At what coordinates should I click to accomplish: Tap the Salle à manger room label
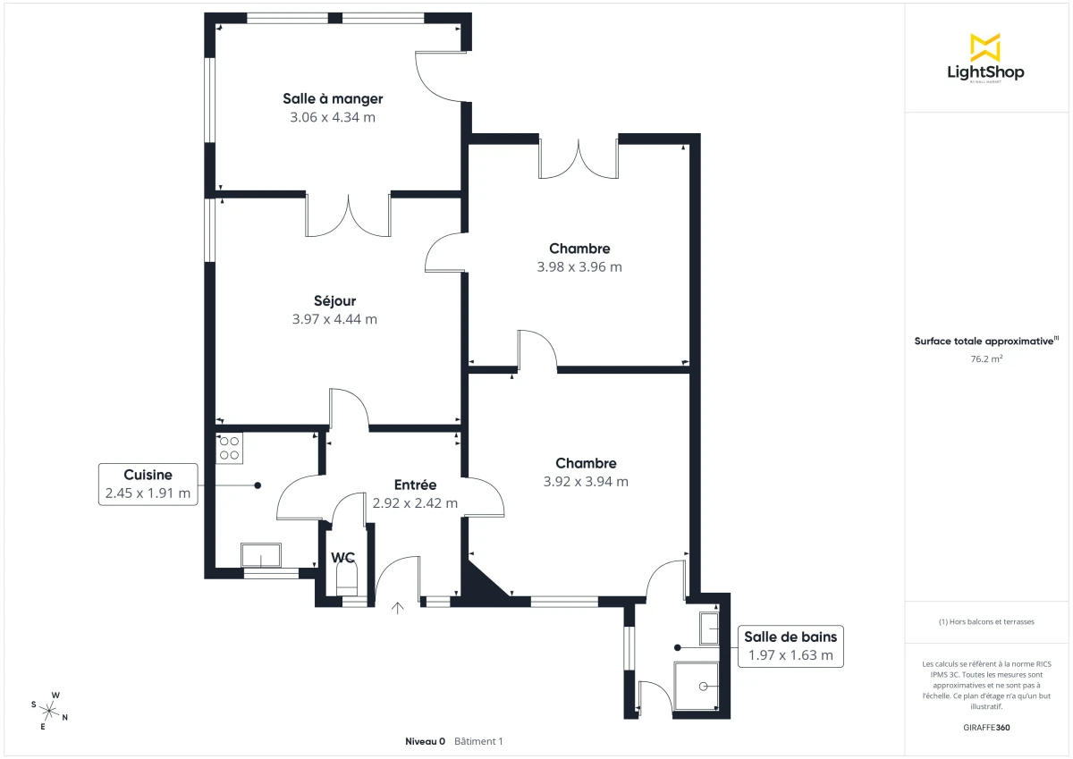(333, 98)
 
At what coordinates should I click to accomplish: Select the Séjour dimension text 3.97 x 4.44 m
(334, 319)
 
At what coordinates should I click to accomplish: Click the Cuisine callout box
(148, 484)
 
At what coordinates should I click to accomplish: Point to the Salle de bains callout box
(790, 645)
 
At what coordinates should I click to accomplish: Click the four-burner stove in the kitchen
(229, 448)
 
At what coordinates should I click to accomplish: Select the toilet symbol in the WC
(346, 578)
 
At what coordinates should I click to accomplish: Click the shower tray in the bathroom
(697, 686)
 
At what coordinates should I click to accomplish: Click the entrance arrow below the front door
(398, 608)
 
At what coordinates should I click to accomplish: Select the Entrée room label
(415, 485)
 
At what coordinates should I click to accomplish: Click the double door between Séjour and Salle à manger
(349, 215)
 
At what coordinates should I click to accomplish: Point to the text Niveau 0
(426, 741)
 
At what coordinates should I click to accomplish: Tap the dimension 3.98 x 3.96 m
(579, 266)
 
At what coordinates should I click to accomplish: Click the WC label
(343, 557)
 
